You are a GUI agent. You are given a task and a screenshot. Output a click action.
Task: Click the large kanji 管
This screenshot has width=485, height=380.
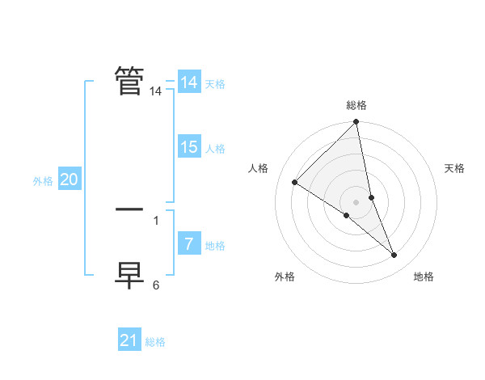point(129,80)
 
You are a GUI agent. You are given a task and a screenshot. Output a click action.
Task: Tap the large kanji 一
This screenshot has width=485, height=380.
point(129,209)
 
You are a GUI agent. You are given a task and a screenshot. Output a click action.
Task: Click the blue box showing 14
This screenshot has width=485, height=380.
point(188,82)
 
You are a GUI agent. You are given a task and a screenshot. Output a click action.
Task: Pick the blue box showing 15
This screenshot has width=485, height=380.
point(188,147)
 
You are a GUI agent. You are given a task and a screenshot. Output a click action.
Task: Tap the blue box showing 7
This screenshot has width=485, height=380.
point(188,244)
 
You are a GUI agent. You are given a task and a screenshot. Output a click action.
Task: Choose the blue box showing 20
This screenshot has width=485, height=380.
point(69,179)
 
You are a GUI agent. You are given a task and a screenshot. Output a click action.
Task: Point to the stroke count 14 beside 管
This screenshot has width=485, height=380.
point(155,92)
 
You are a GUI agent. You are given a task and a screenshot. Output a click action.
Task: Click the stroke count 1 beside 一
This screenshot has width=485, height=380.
point(156,220)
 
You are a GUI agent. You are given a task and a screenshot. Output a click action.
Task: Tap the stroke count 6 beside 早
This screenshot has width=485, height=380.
point(156,285)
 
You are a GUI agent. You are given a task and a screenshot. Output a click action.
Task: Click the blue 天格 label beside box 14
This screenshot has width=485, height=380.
point(215,84)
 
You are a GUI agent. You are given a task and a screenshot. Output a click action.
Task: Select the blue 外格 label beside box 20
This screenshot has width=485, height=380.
point(43,181)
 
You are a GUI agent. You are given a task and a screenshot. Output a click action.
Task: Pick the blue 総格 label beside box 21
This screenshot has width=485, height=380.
point(155,342)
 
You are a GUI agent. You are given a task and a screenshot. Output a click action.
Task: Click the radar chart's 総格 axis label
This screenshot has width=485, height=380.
point(356,105)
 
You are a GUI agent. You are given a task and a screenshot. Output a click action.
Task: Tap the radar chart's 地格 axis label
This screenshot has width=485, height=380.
point(424,277)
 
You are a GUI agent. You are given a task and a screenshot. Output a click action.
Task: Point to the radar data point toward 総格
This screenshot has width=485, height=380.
point(356,122)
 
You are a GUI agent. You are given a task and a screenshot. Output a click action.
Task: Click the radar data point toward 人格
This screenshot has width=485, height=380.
point(295,182)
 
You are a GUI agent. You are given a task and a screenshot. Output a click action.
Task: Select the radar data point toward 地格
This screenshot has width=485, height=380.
point(394,255)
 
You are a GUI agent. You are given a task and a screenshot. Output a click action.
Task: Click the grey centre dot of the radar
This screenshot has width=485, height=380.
point(356,201)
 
